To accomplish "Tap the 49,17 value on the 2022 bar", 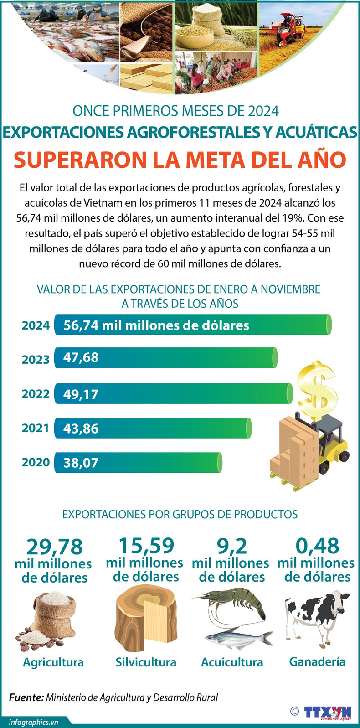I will (81, 394).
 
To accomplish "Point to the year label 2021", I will (36, 428).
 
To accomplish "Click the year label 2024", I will (36, 325).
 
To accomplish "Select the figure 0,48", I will (317, 546).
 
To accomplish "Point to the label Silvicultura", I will (146, 662).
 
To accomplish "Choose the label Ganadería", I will (317, 661).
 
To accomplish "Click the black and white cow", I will (317, 618).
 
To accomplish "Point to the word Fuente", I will (26, 697).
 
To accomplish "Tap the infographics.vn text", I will (33, 722).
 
